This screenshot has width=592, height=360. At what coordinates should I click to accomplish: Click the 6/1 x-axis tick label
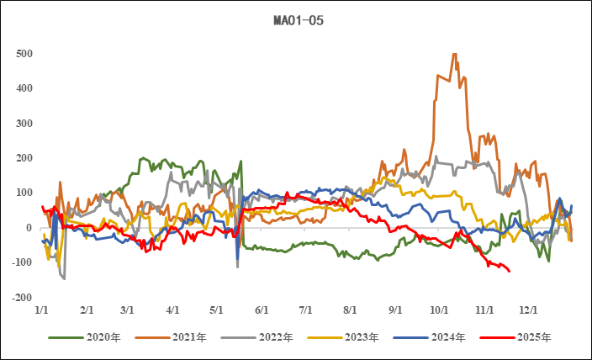click(x=262, y=310)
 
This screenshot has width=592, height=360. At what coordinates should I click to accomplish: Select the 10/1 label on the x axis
click(x=438, y=310)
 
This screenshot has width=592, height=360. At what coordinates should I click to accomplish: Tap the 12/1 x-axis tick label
click(x=527, y=310)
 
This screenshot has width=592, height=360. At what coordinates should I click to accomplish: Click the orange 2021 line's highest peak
click(x=455, y=54)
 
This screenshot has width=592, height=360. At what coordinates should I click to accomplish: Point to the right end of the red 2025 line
click(x=510, y=270)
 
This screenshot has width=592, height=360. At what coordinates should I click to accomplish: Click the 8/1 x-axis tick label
click(x=350, y=310)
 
